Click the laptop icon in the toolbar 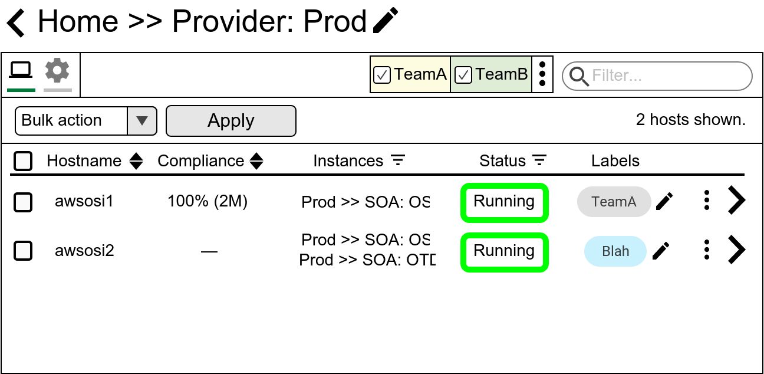[x=21, y=71]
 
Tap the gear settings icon [x=57, y=71]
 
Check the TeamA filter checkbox [x=382, y=75]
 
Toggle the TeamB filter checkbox [x=463, y=75]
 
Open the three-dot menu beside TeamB [x=542, y=74]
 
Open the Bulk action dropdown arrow [x=141, y=121]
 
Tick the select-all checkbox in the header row [x=22, y=161]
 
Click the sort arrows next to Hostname [x=136, y=161]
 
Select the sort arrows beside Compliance [x=256, y=161]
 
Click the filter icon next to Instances [x=399, y=160]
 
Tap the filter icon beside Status [x=539, y=160]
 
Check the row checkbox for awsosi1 [x=22, y=202]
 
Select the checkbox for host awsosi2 [x=22, y=251]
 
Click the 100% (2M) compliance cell [x=208, y=202]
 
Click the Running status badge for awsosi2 [x=504, y=252]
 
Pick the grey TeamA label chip [x=614, y=202]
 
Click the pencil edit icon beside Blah [x=661, y=251]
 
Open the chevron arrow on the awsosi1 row [x=736, y=201]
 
